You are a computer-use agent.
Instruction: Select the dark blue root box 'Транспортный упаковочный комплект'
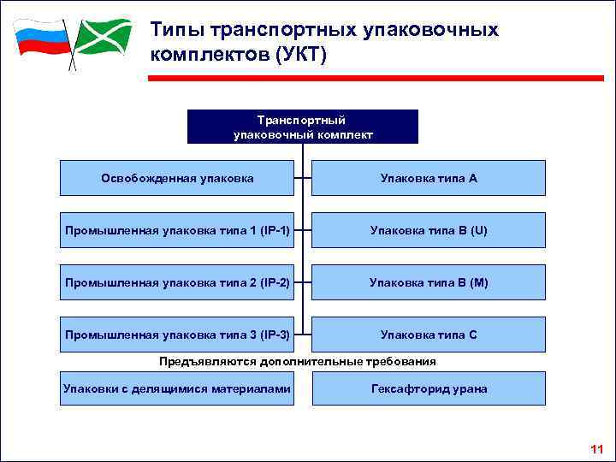point(302,126)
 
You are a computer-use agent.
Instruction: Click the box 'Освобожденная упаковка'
point(177,178)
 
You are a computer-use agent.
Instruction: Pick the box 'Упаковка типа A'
point(428,178)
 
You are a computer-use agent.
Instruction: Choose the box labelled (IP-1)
point(177,230)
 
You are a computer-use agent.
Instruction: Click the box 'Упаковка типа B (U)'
point(428,230)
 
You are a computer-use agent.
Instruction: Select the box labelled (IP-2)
point(177,282)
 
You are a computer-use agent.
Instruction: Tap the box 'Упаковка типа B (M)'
point(428,282)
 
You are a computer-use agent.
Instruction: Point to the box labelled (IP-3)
point(177,335)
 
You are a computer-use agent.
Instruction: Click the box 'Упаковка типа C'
point(428,335)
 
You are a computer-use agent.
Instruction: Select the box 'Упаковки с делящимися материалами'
point(177,388)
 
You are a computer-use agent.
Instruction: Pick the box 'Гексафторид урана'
point(428,388)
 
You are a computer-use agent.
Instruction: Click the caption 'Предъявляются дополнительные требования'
point(299,362)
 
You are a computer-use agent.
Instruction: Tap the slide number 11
point(596,449)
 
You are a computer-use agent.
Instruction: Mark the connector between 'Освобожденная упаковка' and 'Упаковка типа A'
point(303,178)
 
